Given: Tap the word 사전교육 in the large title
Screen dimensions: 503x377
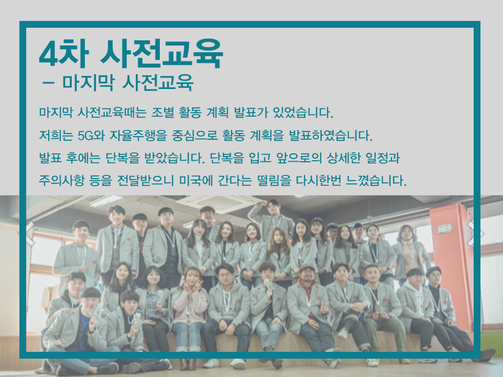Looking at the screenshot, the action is (x=162, y=53).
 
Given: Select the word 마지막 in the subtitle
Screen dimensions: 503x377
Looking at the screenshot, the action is (x=88, y=82).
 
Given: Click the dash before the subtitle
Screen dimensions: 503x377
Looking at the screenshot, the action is (x=48, y=83).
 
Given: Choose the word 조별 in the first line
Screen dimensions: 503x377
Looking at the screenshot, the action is (x=162, y=113).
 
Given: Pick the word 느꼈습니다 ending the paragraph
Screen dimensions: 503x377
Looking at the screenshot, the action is (x=376, y=181).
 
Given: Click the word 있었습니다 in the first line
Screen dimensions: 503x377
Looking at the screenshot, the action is (x=303, y=113).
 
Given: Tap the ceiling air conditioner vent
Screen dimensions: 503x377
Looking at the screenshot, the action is (x=220, y=204).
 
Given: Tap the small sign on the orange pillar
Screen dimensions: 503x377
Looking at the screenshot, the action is (x=445, y=229).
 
